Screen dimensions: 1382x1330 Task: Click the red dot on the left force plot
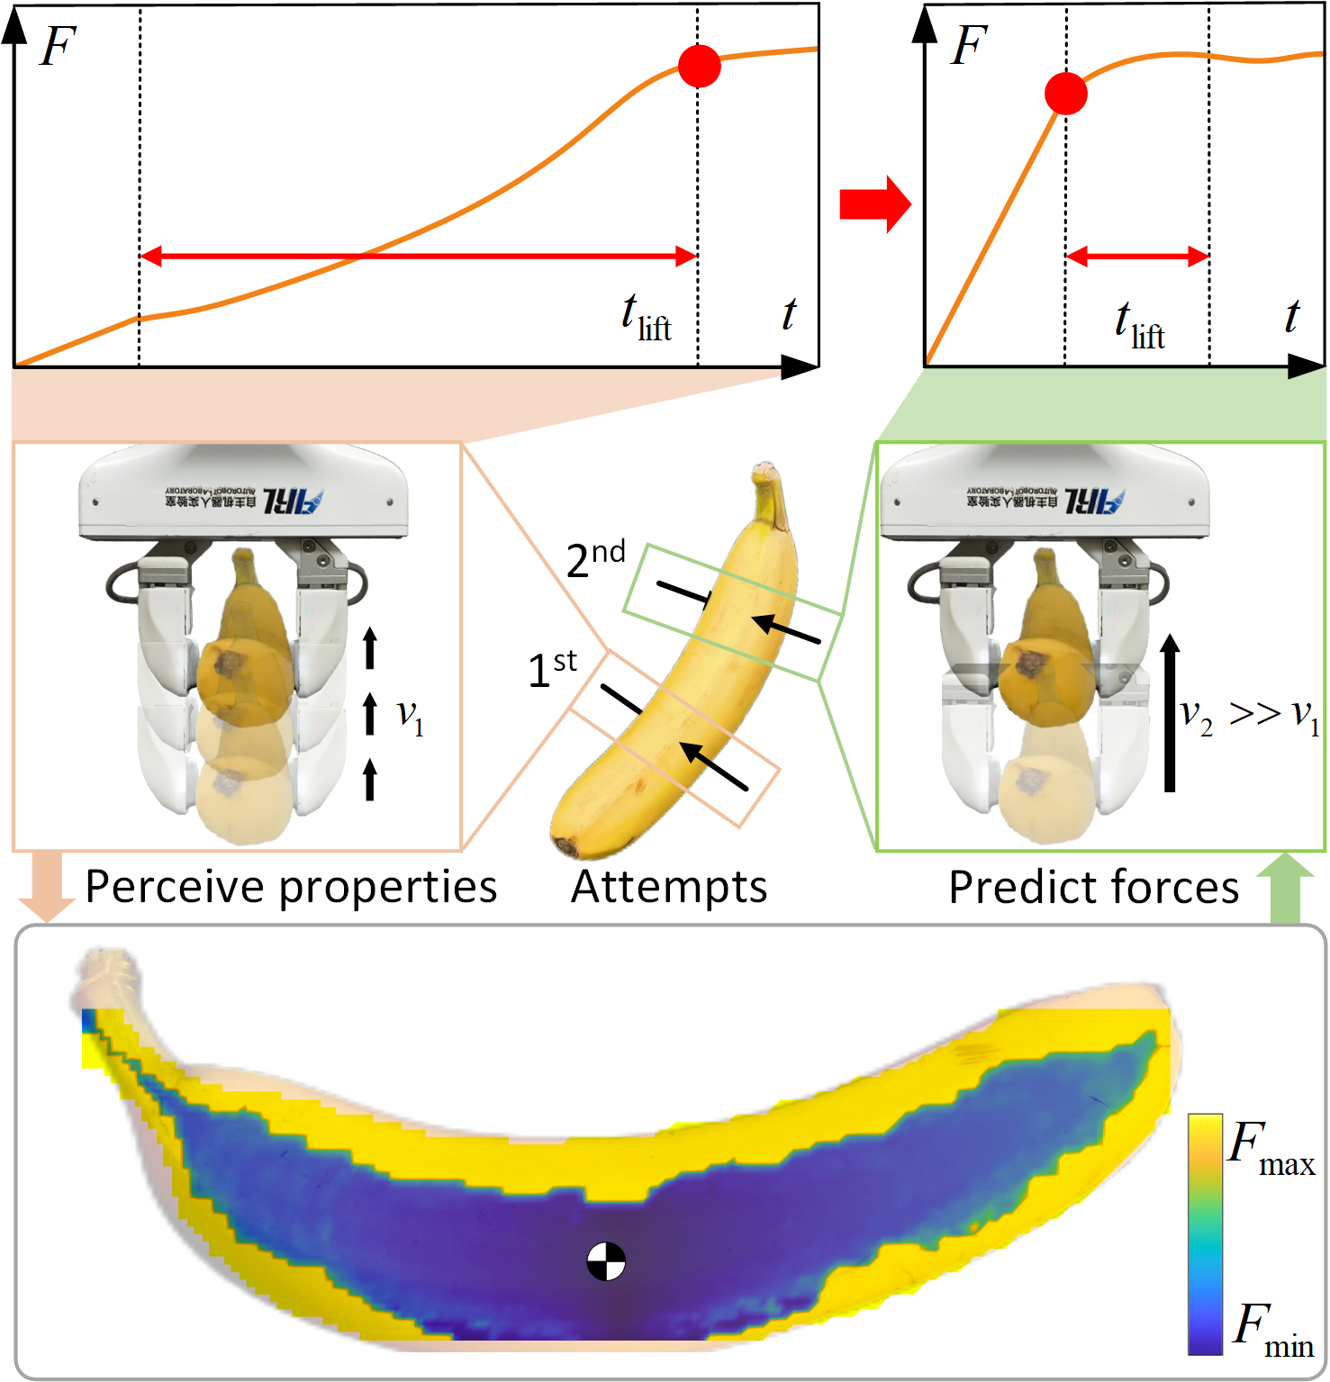tap(700, 66)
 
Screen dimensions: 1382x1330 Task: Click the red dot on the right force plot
tap(1066, 93)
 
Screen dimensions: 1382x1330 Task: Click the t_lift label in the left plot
tap(646, 318)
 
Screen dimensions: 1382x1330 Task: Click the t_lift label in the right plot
tap(1139, 325)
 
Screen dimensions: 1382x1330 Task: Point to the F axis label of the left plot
tap(58, 47)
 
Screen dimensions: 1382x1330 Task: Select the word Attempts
tap(669, 887)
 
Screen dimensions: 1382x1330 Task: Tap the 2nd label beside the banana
tap(595, 559)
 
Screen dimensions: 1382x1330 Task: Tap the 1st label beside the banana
tap(551, 669)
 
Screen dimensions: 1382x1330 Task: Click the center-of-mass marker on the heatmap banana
tap(606, 1260)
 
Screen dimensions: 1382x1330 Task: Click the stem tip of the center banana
tap(766, 471)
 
